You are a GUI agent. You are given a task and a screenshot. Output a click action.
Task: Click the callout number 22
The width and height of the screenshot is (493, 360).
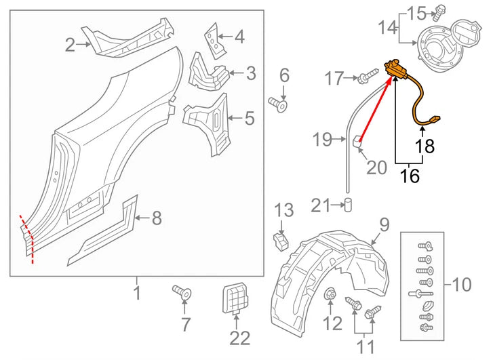(x=235, y=337)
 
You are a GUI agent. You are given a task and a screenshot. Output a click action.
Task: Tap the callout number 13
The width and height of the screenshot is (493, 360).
(x=284, y=212)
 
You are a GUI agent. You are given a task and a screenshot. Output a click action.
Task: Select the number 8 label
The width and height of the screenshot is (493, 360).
(x=157, y=218)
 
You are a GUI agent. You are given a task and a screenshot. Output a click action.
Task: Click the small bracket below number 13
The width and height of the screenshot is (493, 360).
(x=279, y=239)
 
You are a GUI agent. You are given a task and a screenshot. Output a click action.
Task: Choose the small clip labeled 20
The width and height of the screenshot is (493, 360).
(x=355, y=140)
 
